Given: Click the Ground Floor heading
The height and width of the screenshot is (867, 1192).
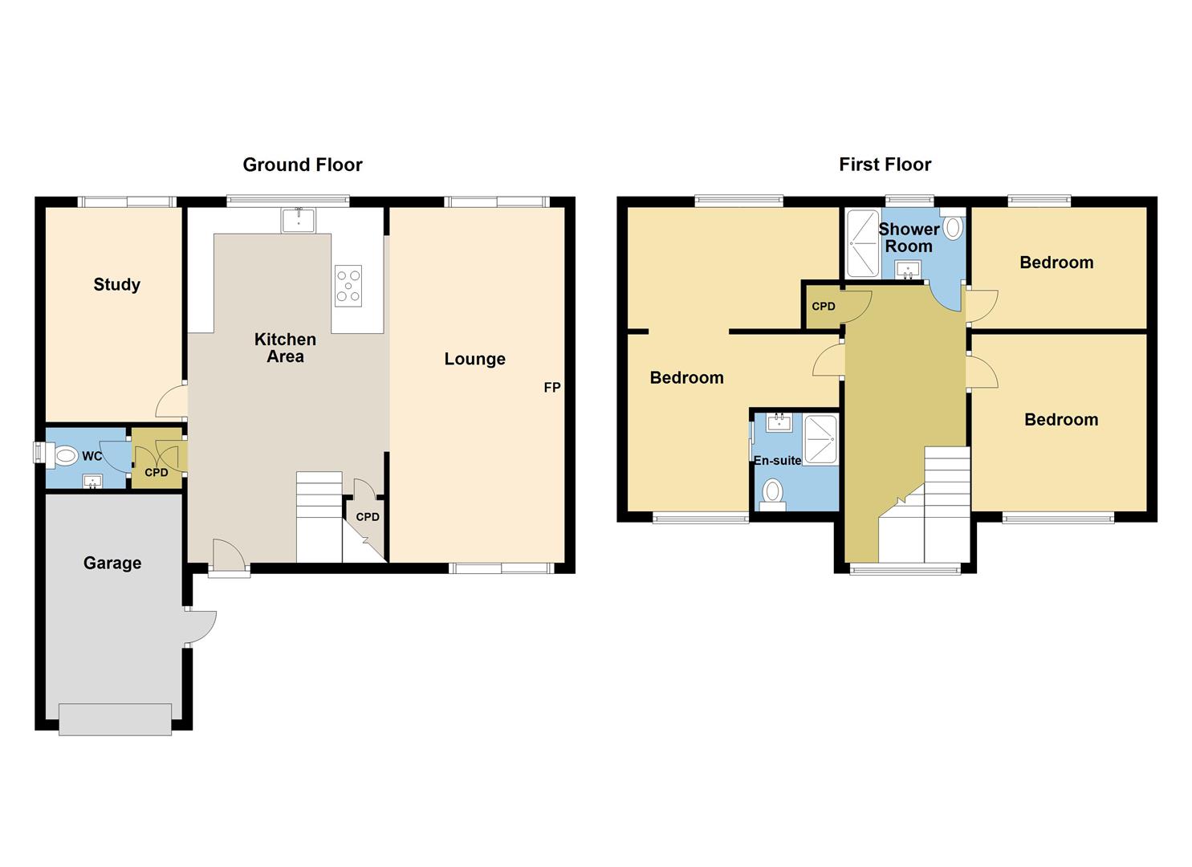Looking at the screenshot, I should [303, 165].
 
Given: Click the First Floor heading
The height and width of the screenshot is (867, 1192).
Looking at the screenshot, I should [885, 165].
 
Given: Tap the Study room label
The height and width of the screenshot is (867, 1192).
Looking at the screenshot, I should [116, 284].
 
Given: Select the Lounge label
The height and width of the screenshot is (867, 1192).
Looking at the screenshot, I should [474, 359].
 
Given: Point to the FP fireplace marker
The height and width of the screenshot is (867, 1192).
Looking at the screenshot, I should [551, 388].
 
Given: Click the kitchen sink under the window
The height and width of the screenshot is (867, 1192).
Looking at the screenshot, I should [298, 220].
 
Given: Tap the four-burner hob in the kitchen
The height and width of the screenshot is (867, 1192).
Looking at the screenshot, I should [348, 286].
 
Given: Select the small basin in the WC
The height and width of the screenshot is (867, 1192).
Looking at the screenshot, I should [93, 481].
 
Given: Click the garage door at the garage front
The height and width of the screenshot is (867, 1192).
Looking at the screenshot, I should [115, 719].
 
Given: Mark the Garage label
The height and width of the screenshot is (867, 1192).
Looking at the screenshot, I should [112, 563].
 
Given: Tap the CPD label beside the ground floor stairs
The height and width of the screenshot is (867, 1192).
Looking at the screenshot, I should [368, 517].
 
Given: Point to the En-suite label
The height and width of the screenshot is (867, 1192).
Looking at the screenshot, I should [777, 461].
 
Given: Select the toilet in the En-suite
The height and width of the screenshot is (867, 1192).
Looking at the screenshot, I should [773, 492].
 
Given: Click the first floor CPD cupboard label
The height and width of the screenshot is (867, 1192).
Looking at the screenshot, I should [824, 307].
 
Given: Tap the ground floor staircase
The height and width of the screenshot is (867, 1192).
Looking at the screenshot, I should [319, 517].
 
